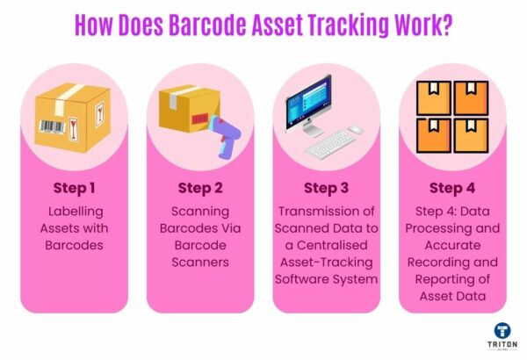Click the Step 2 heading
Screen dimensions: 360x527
click(x=199, y=188)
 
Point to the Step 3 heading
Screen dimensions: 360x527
click(x=326, y=188)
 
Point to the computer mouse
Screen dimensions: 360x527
click(x=355, y=130)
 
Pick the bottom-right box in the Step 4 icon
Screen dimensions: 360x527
click(x=471, y=135)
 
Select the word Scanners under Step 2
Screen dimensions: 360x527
click(x=199, y=263)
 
